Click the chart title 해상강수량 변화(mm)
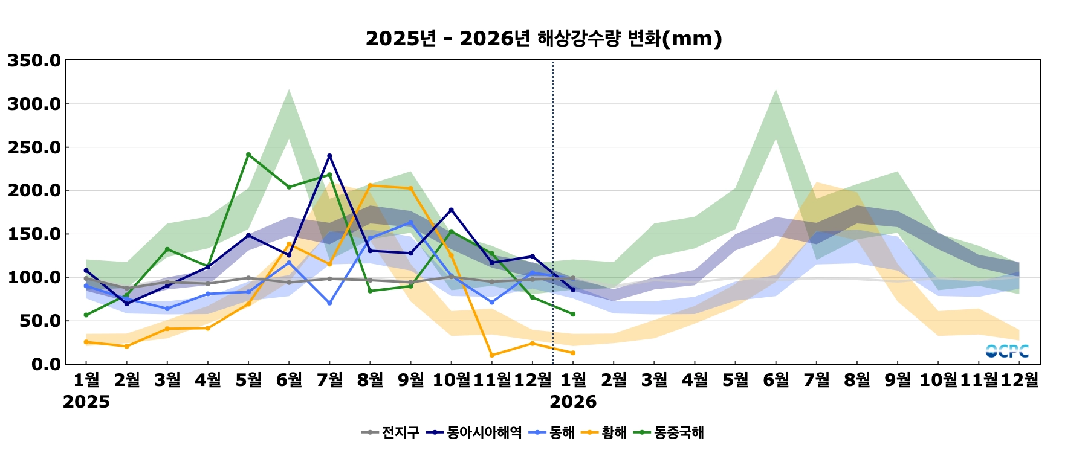543,39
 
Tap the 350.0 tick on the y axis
34,61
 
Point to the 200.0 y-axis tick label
34,191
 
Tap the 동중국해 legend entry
672,432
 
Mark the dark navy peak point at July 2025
329,156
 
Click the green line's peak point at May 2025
248,155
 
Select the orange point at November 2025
491,355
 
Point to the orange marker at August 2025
370,185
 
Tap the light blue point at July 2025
329,303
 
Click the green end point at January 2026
573,314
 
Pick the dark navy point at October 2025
451,210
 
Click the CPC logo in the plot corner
1007,351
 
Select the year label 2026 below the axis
573,402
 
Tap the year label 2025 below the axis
86,402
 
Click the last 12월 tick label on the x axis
1020,380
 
